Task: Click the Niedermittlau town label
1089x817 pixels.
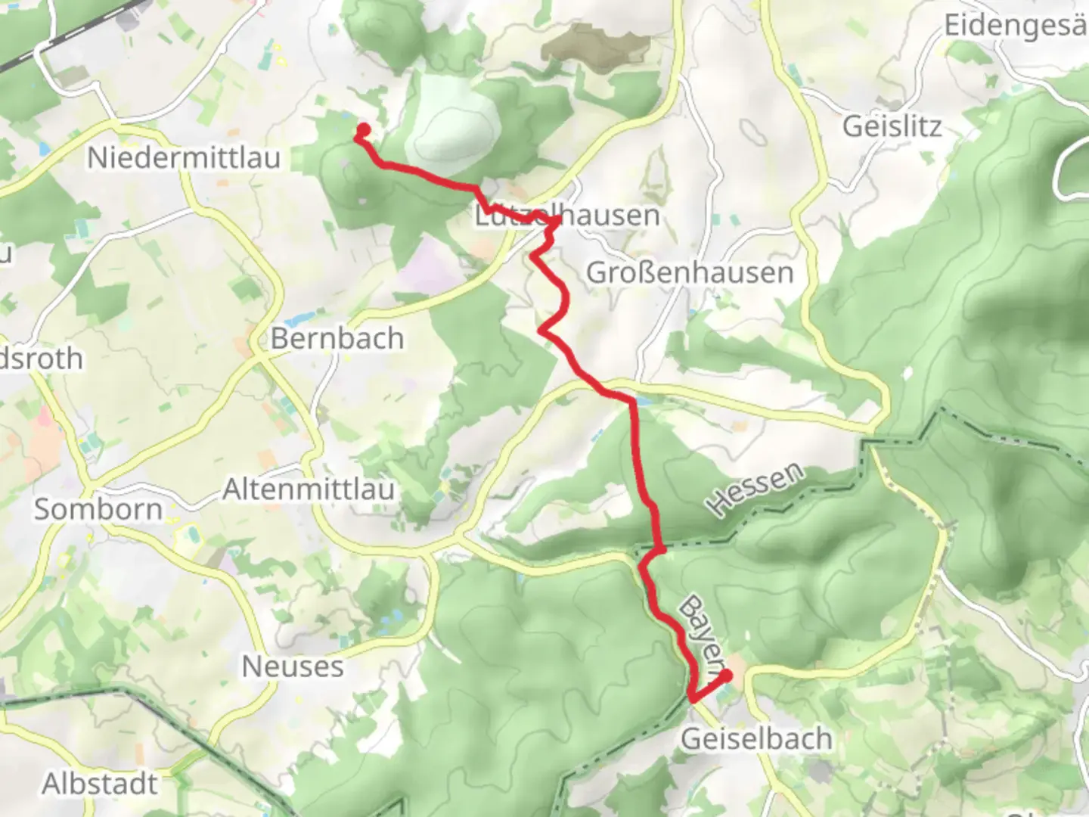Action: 184,158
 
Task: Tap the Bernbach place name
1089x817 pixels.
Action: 337,338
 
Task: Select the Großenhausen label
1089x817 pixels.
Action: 690,272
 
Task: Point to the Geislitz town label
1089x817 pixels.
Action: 892,126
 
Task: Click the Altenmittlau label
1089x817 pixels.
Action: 309,489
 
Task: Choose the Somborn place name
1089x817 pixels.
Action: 98,509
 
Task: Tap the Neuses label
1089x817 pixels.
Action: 293,666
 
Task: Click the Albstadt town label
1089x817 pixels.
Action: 100,784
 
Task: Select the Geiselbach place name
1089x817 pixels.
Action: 756,738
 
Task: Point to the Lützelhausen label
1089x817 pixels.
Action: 567,216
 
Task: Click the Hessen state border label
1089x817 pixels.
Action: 755,490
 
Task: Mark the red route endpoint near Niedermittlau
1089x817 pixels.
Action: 363,129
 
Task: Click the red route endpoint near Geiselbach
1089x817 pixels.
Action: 726,676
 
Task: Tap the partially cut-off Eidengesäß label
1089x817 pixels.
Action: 1015,26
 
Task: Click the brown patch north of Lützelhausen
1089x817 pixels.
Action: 597,45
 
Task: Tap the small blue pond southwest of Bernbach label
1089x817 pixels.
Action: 299,319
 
